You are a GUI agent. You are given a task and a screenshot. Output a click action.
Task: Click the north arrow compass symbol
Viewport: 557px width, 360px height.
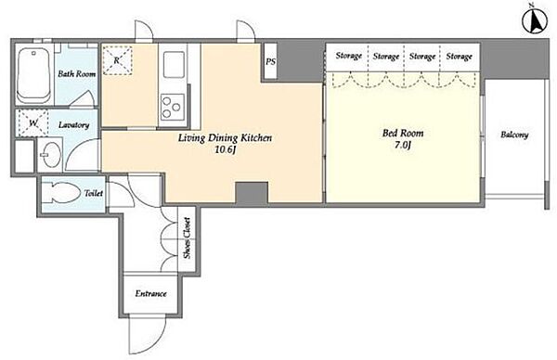pos(536,20)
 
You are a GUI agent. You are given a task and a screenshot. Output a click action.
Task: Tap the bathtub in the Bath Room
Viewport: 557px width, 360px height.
pos(34,75)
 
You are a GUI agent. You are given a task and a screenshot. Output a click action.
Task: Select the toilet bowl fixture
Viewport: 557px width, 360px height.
pos(61,193)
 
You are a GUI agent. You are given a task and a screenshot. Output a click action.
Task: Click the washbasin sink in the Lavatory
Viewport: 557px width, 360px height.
pos(50,154)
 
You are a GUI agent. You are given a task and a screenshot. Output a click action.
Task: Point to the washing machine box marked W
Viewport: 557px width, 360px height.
pos(32,123)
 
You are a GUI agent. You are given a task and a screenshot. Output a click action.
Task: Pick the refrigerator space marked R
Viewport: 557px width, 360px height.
pos(117,60)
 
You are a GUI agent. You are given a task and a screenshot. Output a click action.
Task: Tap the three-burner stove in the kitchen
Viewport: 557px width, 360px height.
pos(172,107)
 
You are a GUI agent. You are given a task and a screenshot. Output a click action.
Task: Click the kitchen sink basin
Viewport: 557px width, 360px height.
pos(174,65)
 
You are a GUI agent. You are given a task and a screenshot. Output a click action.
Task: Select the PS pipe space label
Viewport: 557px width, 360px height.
pos(271,62)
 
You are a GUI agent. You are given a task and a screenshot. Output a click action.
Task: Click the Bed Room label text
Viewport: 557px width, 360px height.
pos(403,133)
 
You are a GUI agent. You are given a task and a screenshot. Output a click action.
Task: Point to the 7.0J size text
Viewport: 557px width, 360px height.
pos(403,146)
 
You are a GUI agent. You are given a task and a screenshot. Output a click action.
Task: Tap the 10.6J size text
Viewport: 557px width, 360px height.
pos(226,149)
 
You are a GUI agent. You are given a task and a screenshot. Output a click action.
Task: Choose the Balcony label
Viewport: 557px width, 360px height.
pos(514,135)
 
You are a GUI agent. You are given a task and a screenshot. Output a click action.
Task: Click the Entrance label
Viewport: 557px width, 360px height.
pos(150,293)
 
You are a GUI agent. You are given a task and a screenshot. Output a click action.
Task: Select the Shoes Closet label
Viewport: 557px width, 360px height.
pos(187,238)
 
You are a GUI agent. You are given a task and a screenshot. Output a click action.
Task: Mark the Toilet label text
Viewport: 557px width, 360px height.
pos(94,194)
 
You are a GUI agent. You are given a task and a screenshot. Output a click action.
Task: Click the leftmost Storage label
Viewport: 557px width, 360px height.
pos(349,56)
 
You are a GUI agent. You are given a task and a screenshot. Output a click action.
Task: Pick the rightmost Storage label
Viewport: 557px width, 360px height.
pos(459,56)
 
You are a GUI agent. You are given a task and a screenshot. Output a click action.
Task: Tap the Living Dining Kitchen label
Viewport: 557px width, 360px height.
pos(225,137)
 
